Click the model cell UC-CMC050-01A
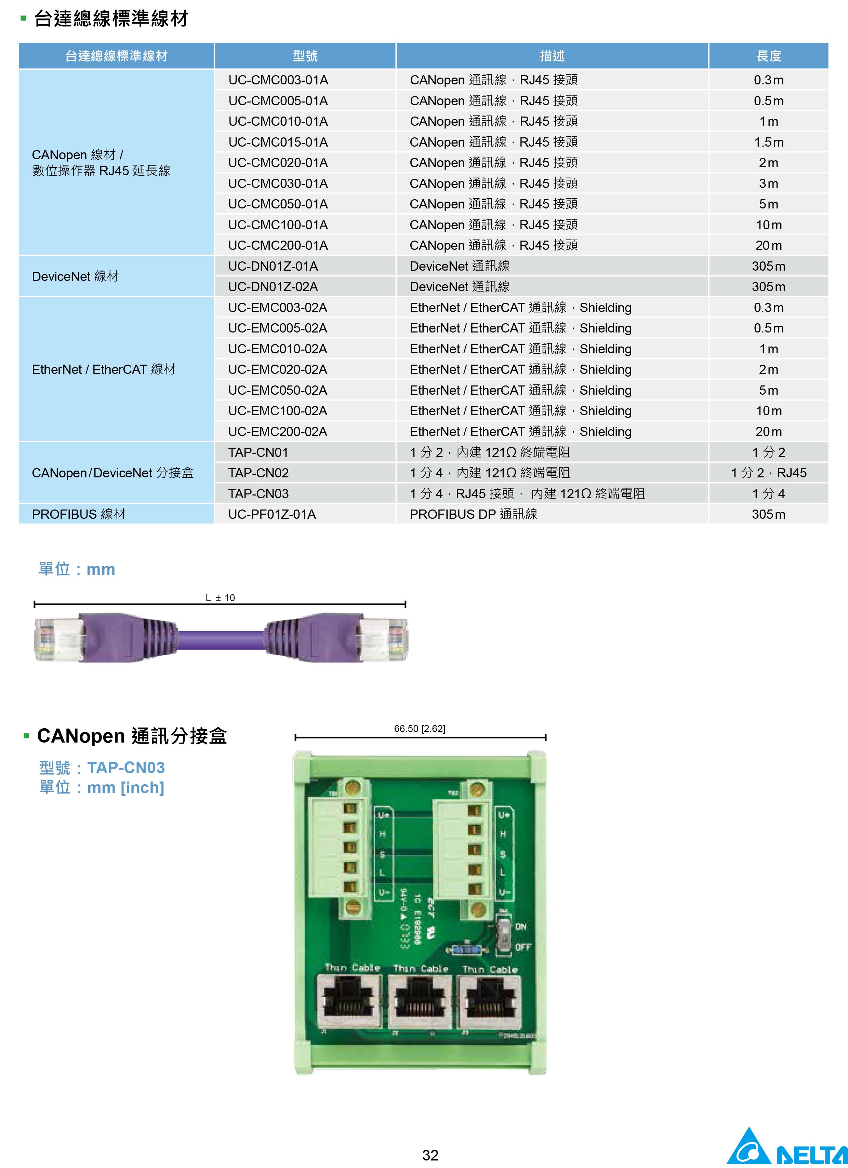(278, 204)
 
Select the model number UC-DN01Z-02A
(273, 287)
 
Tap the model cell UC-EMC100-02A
(278, 411)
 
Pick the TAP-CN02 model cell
(259, 473)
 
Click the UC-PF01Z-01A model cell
(272, 514)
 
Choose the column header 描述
(552, 56)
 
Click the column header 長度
(768, 56)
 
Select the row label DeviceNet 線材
(75, 276)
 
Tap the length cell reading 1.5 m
(768, 142)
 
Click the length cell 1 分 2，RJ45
(768, 473)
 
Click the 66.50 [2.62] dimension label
(419, 729)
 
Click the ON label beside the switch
(521, 926)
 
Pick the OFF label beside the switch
(523, 947)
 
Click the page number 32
(430, 1155)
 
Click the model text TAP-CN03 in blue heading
(126, 768)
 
